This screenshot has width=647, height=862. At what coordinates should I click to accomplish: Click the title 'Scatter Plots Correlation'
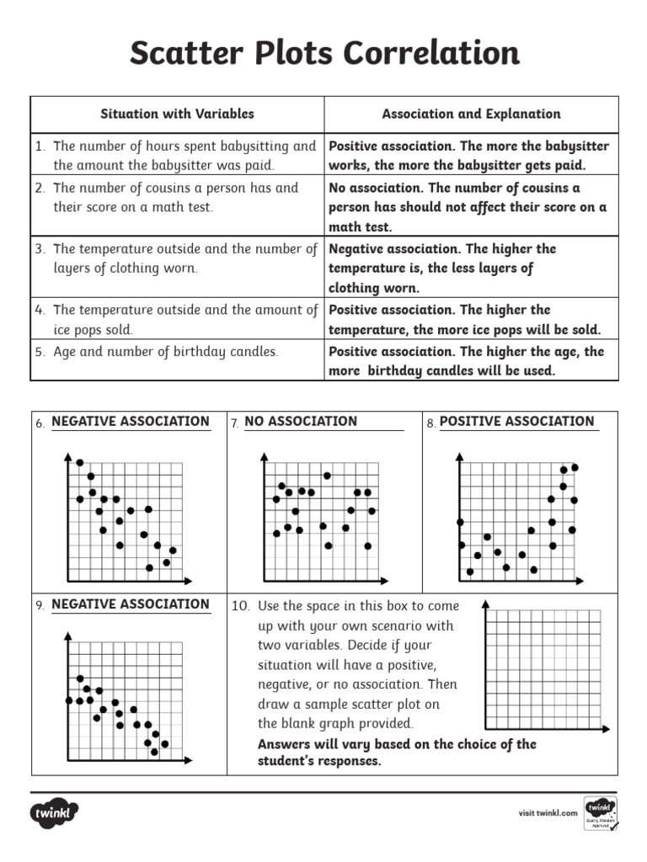323,54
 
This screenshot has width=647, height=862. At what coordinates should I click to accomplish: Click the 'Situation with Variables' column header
177,114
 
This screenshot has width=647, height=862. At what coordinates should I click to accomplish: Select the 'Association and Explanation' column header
470,114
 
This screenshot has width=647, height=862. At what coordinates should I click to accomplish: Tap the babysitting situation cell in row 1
177,156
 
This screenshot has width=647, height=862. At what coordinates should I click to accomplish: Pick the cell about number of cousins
177,197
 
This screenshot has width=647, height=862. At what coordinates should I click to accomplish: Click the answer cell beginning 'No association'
470,207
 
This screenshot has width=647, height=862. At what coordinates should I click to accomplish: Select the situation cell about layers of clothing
177,258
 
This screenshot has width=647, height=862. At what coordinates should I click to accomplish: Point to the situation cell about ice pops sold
177,320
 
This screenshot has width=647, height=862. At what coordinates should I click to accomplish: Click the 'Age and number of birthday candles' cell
165,352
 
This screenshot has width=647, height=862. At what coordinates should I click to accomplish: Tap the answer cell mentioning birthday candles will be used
470,361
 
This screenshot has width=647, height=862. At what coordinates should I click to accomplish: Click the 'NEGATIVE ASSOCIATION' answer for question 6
131,422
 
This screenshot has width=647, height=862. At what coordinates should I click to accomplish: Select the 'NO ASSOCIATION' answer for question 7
301,422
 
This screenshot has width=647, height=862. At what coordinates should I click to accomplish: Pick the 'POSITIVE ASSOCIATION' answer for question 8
516,422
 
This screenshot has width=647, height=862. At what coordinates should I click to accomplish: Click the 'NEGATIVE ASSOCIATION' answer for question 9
131,604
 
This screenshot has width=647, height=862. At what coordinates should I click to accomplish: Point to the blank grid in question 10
543,669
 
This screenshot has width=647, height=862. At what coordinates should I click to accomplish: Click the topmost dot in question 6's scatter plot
80,462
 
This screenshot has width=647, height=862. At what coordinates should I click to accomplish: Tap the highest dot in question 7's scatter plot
327,476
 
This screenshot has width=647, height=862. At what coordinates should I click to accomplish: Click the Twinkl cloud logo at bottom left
55,813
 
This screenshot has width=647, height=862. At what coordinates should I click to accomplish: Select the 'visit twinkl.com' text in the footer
548,813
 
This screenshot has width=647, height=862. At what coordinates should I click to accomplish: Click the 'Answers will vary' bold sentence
396,753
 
